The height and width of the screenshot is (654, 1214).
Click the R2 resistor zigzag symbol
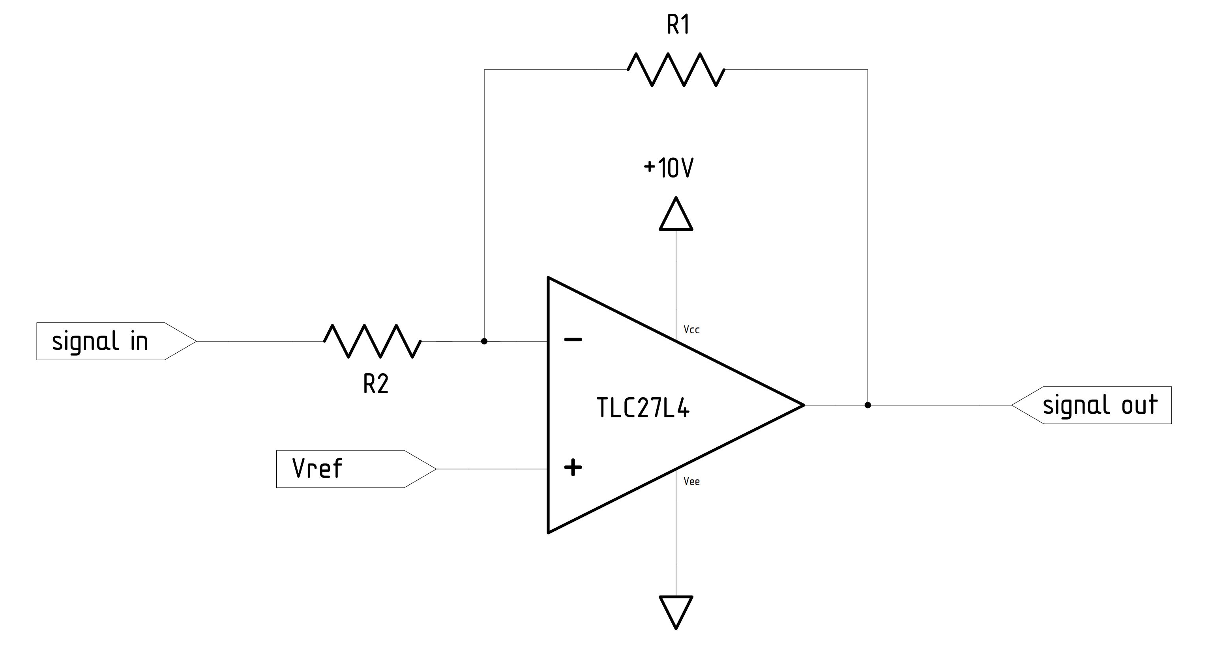pyautogui.click(x=372, y=341)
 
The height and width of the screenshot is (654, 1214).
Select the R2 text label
pyautogui.click(x=376, y=384)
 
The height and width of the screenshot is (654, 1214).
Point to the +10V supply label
pyautogui.click(x=668, y=168)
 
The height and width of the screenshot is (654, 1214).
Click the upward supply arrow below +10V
pyautogui.click(x=676, y=216)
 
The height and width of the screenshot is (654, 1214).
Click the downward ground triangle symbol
pyautogui.click(x=676, y=610)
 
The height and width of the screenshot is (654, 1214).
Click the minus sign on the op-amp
pyautogui.click(x=573, y=339)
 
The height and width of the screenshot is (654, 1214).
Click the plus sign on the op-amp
pyautogui.click(x=573, y=468)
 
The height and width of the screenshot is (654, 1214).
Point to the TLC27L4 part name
pyautogui.click(x=643, y=408)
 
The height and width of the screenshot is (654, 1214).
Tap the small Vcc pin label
pyautogui.click(x=691, y=330)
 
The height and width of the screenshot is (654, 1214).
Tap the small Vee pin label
pyautogui.click(x=691, y=482)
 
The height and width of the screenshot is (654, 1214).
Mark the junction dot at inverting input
pyautogui.click(x=484, y=341)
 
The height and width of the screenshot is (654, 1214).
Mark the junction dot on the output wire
pyautogui.click(x=867, y=405)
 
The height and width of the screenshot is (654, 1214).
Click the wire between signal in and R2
pyautogui.click(x=259, y=341)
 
